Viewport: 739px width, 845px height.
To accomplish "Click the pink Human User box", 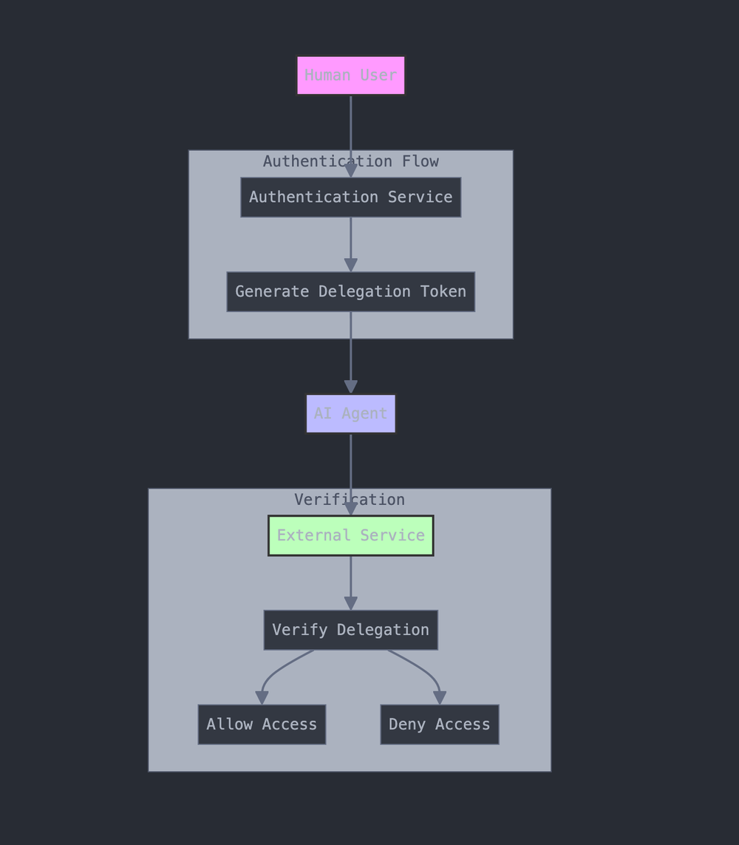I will pos(350,75).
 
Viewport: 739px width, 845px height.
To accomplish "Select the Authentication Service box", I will pos(350,197).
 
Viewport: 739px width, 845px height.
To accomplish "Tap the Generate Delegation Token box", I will pos(350,292).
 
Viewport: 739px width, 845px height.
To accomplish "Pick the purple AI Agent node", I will pos(350,414).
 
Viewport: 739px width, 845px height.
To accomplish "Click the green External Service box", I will pos(350,535).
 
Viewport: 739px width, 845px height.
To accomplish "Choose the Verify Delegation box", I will pos(350,630).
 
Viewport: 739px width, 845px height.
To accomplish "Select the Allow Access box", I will pos(262,724).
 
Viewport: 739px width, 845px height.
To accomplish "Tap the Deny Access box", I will pos(439,724).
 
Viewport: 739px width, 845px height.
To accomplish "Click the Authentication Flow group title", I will pos(350,161).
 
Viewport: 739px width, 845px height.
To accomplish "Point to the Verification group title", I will pos(349,500).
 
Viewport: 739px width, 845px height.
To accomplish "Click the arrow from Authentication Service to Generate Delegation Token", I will pos(350,240).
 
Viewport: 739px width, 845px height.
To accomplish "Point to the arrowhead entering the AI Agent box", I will pos(350,387).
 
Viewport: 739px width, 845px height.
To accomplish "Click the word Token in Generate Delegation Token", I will pos(443,292).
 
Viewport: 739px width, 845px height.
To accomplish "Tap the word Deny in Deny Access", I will pos(407,724).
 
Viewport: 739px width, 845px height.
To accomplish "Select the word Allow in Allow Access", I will pos(230,724).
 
